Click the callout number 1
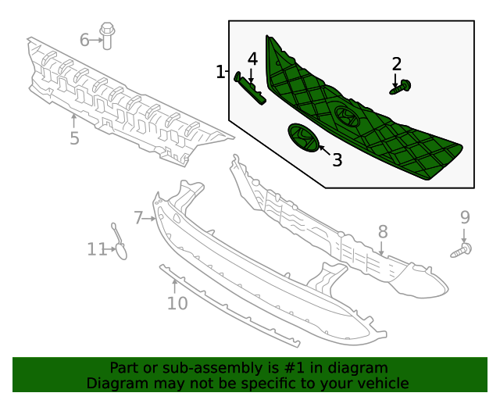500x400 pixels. click(x=220, y=73)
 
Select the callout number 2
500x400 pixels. click(x=397, y=64)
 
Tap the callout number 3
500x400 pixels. click(x=337, y=160)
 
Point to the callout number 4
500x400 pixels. click(x=252, y=59)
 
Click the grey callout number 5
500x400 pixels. click(x=74, y=139)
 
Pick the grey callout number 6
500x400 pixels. click(x=84, y=38)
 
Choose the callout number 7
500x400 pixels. click(x=138, y=218)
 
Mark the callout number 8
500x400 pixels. click(x=383, y=231)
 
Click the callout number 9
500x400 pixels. click(x=464, y=217)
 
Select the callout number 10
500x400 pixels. click(x=177, y=302)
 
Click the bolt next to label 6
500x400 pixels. click(x=108, y=36)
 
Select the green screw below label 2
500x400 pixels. click(x=401, y=88)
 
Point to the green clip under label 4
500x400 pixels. click(x=252, y=87)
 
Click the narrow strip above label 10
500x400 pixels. click(x=227, y=305)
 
